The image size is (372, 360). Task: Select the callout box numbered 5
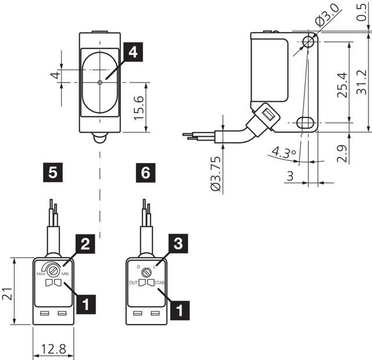click(53, 172)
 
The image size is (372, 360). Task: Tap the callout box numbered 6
click(145, 172)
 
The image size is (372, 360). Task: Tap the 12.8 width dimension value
click(53, 350)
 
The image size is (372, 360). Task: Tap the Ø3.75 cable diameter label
click(216, 173)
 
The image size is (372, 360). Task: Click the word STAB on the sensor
click(160, 283)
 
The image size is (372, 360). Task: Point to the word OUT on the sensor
click(133, 283)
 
